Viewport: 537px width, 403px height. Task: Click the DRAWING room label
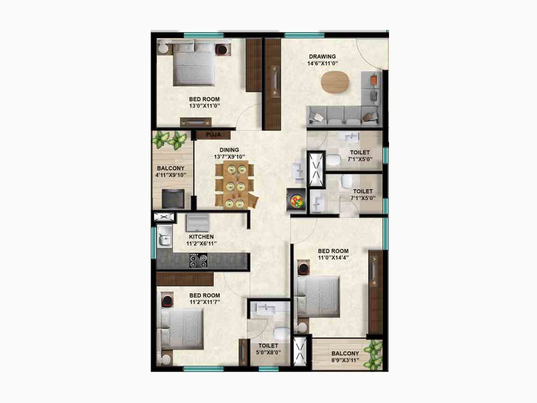point(322,56)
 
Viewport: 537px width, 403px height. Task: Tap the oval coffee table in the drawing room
point(335,82)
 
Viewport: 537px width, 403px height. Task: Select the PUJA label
point(213,135)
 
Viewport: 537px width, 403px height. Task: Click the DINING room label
point(229,150)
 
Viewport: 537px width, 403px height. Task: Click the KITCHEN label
point(201,236)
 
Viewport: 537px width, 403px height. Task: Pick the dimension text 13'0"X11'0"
point(204,106)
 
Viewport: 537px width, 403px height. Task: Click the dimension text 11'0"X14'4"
point(333,258)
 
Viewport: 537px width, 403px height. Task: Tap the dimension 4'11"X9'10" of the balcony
point(170,175)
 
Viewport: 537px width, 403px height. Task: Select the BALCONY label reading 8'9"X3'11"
point(345,353)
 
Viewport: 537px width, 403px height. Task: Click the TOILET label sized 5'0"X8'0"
point(268,346)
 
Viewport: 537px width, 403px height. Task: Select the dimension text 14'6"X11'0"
point(322,63)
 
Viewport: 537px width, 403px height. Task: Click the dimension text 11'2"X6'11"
point(201,243)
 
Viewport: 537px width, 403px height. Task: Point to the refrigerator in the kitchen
point(198,223)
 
